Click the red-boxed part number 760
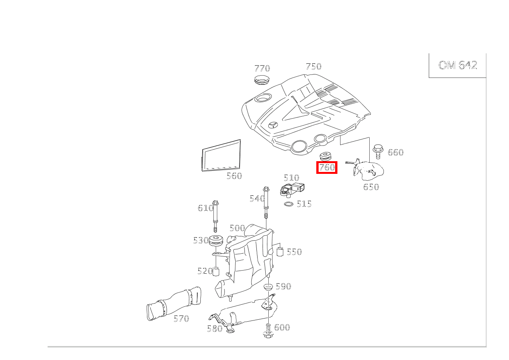327,168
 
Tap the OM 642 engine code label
458,65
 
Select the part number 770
262,68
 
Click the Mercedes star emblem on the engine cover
274,126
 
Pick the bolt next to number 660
378,151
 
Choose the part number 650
371,187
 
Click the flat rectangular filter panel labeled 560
221,155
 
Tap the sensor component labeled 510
294,189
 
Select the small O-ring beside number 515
289,204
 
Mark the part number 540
257,198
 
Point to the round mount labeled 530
216,242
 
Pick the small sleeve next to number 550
280,251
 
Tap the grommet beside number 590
268,287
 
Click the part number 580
214,329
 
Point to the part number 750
313,66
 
